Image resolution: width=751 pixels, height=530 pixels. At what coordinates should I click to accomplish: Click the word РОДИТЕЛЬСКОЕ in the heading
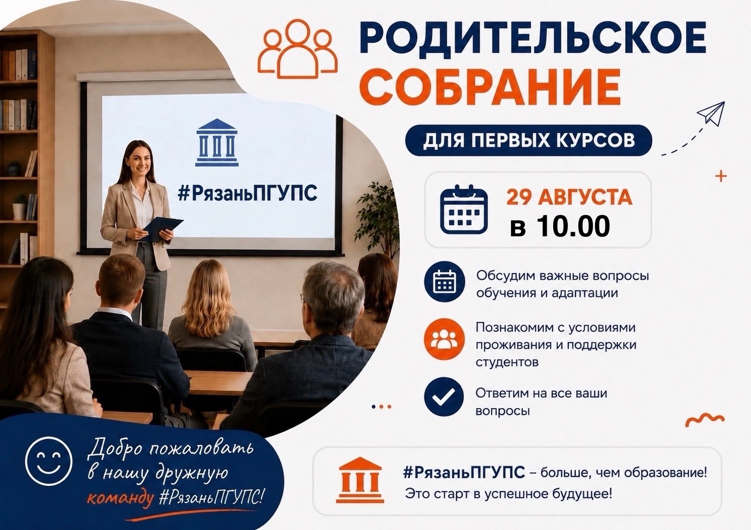pyautogui.click(x=533, y=38)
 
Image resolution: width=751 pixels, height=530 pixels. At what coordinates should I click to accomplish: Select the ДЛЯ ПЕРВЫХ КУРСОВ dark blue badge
pyautogui.click(x=529, y=140)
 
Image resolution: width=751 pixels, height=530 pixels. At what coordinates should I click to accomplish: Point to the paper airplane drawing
pyautogui.click(x=711, y=114)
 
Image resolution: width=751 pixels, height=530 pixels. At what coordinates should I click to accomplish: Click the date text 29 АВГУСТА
pyautogui.click(x=569, y=197)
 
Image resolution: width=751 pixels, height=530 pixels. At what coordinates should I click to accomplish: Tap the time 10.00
pyautogui.click(x=573, y=226)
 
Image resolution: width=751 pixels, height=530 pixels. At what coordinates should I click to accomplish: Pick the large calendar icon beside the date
pyautogui.click(x=464, y=209)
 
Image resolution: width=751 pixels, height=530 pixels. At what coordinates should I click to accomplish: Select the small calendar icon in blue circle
pyautogui.click(x=444, y=282)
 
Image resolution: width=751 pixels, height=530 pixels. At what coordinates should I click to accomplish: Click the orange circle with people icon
pyautogui.click(x=444, y=339)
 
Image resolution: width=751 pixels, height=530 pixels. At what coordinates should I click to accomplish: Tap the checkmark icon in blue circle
pyautogui.click(x=444, y=397)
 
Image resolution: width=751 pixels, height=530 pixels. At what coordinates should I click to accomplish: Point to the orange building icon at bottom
pyautogui.click(x=360, y=480)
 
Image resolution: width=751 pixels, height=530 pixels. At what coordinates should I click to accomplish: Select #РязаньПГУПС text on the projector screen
pyautogui.click(x=247, y=193)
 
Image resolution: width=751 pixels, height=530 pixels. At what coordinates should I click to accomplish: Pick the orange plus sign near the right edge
pyautogui.click(x=721, y=176)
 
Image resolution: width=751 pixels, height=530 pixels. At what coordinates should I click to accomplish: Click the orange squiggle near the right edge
pyautogui.click(x=705, y=419)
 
